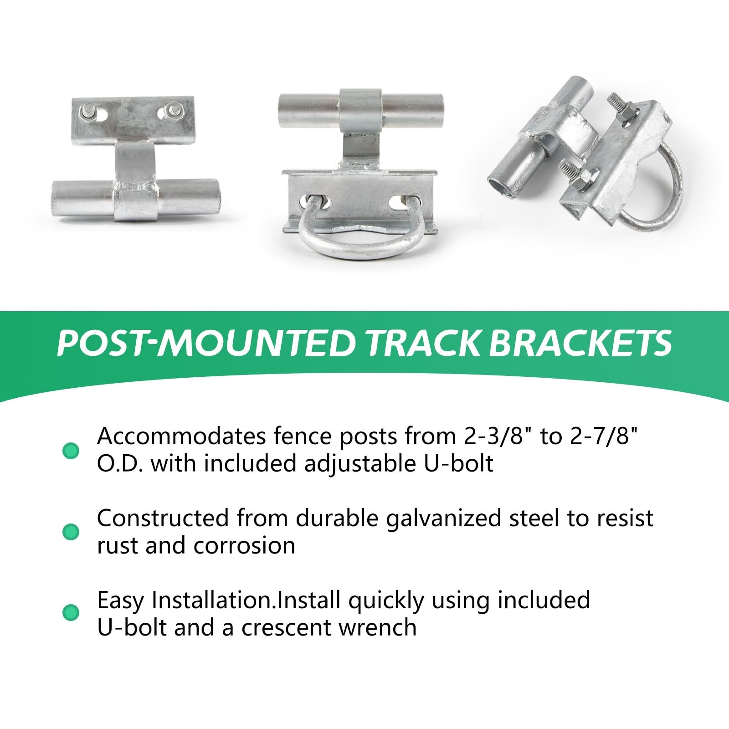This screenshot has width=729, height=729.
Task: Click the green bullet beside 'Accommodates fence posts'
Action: (71, 450)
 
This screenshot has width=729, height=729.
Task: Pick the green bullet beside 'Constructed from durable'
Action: (71, 531)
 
